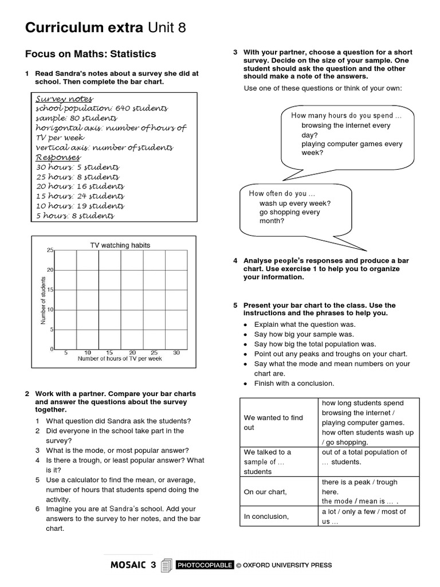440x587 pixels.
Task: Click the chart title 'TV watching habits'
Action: (x=120, y=245)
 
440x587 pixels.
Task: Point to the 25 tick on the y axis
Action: (x=50, y=251)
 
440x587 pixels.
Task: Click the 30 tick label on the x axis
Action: (x=176, y=353)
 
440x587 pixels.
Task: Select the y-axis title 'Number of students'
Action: (x=43, y=300)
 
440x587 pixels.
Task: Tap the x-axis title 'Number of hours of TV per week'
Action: (x=120, y=359)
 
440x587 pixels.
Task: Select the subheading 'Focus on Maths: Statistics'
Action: (x=90, y=54)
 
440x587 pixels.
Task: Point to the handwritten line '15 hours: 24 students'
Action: (x=80, y=196)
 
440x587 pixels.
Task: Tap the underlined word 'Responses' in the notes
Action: (x=58, y=157)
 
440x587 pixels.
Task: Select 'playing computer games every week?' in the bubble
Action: (x=351, y=148)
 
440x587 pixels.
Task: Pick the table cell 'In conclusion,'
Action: (x=266, y=516)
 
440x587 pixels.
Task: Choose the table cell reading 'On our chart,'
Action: (x=265, y=492)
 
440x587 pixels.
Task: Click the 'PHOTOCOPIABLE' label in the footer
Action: (x=205, y=565)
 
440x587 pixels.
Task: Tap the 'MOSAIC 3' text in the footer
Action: (x=132, y=565)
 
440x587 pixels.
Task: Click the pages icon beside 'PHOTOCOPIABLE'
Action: (x=167, y=565)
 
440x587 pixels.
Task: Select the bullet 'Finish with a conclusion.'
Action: (x=293, y=383)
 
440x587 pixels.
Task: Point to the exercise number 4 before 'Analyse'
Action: (x=235, y=261)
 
